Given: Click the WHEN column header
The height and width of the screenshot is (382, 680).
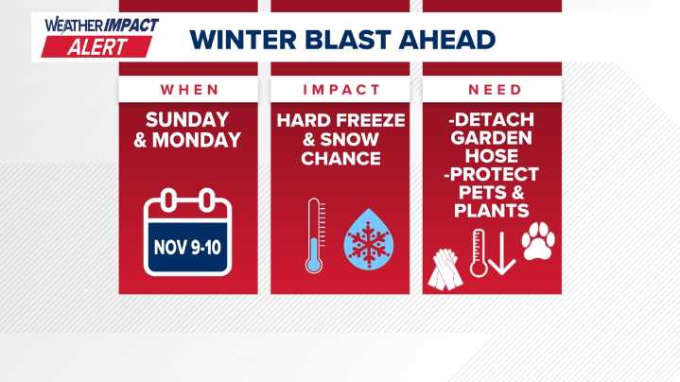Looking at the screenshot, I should click(x=187, y=90).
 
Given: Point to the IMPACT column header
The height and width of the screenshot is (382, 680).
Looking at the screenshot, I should click(x=340, y=90).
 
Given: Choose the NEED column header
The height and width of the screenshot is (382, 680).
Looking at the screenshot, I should click(x=492, y=90).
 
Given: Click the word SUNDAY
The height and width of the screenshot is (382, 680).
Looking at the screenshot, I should click(x=187, y=120).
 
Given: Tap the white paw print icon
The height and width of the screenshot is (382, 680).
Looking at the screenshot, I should click(x=538, y=242).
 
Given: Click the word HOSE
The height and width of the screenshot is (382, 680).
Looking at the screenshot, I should click(x=492, y=157).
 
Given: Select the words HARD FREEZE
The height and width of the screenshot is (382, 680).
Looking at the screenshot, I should click(x=340, y=120).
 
